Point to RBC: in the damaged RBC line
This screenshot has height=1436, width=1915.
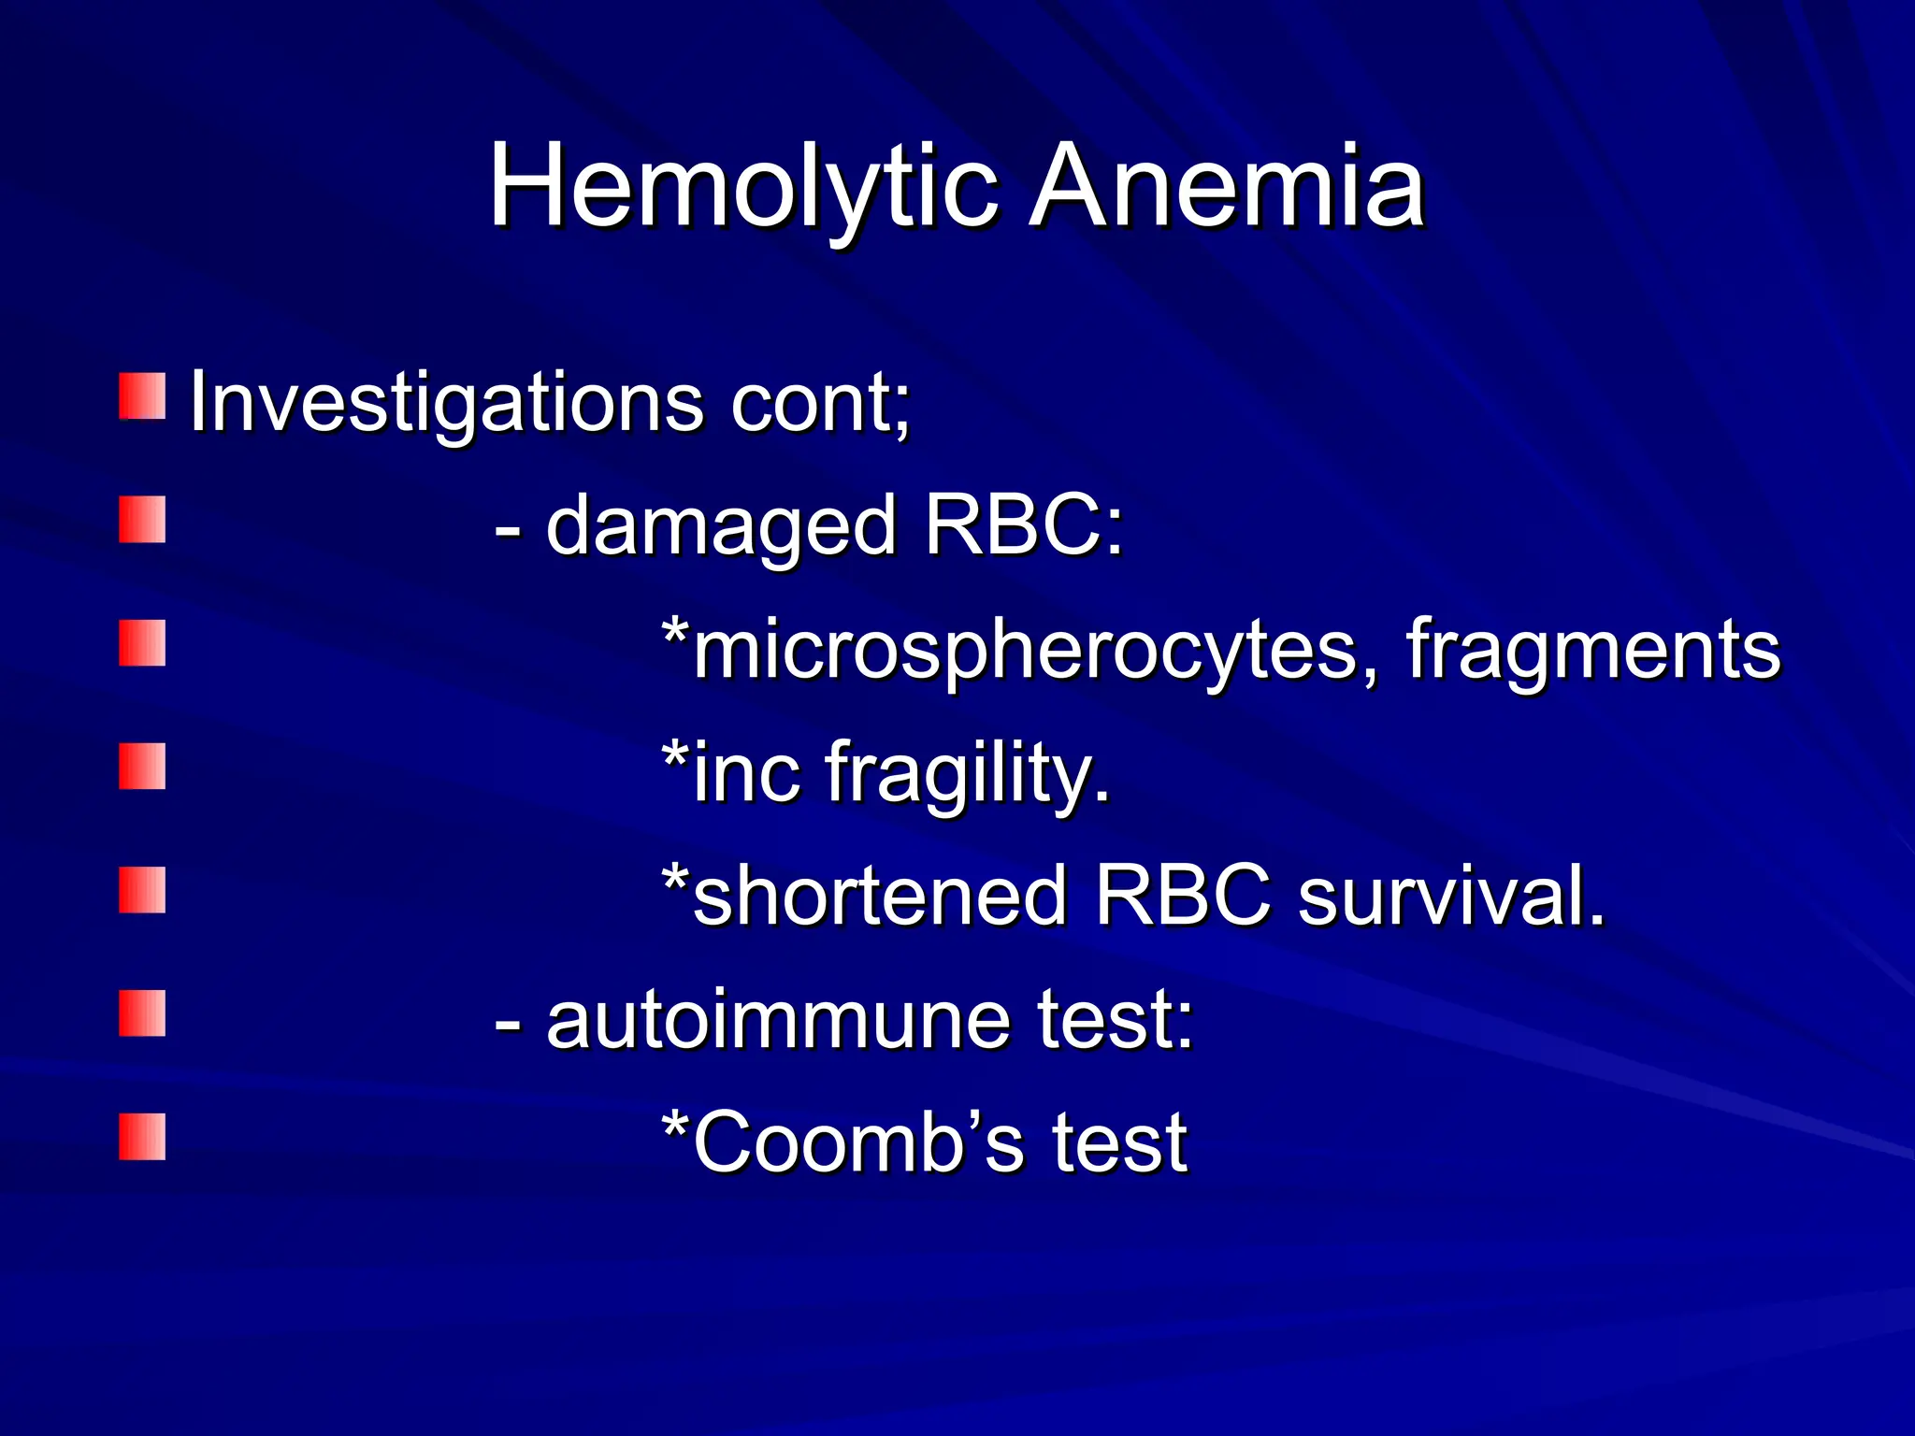pyautogui.click(x=1024, y=525)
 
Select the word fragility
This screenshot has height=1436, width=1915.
pyautogui.click(x=968, y=774)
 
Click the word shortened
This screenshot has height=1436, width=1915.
pyautogui.click(x=879, y=896)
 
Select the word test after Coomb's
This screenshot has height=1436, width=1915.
pyautogui.click(x=1119, y=1142)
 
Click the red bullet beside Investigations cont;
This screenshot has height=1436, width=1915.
pyautogui.click(x=142, y=396)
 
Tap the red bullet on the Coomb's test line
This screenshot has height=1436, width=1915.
pyautogui.click(x=142, y=1137)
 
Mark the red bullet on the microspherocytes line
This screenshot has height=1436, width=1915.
pyautogui.click(x=142, y=643)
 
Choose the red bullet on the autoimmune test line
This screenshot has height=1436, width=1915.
pyautogui.click(x=142, y=1013)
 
